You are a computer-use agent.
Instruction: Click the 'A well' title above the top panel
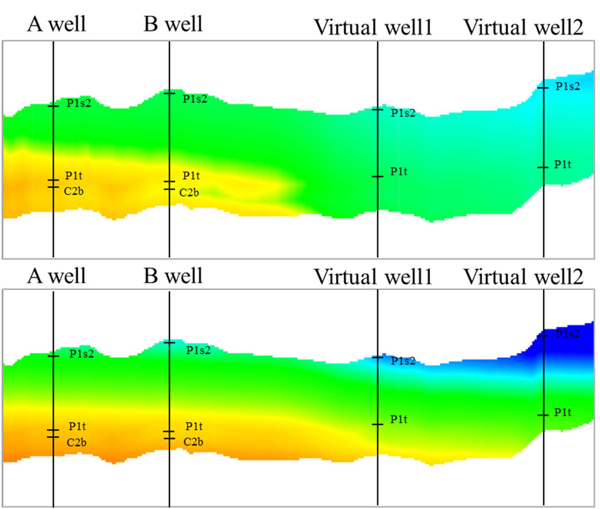(57, 24)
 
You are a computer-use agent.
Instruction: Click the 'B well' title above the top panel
(173, 24)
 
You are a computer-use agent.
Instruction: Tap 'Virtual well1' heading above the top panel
(373, 27)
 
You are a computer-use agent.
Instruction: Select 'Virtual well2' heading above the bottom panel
(523, 277)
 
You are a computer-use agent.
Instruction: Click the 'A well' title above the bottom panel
(57, 276)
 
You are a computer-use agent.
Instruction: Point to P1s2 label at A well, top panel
(79, 103)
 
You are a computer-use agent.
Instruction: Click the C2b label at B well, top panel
(189, 192)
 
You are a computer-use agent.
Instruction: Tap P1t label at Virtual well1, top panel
(399, 172)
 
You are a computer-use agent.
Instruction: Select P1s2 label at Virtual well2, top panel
(568, 86)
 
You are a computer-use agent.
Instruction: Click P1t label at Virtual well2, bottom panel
(562, 412)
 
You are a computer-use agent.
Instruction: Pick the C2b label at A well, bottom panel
(76, 443)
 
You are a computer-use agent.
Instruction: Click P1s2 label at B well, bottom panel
(198, 350)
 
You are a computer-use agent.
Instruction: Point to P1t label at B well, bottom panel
(194, 426)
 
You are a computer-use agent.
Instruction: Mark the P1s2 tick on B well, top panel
(169, 94)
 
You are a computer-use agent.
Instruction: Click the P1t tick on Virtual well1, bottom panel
(377, 424)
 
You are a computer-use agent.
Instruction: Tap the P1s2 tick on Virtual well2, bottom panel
(543, 335)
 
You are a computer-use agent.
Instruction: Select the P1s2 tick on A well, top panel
(53, 106)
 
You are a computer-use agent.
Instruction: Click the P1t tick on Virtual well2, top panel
(543, 167)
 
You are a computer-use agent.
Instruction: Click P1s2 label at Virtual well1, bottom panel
(403, 361)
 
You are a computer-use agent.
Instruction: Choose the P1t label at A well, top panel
(74, 175)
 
